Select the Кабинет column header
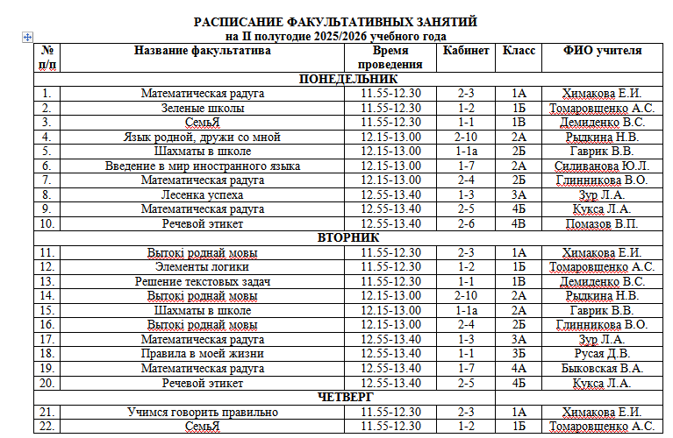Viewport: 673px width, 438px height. (x=466, y=51)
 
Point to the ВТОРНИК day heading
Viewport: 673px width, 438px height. (x=348, y=238)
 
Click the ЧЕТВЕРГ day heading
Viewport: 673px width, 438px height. (x=347, y=397)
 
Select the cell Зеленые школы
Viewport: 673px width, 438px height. (x=203, y=109)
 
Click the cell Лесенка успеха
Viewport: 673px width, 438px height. (x=203, y=194)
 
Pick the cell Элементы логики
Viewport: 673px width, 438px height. (x=203, y=267)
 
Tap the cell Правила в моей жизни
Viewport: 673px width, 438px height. (x=203, y=353)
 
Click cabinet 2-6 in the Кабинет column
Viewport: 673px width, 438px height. (x=466, y=223)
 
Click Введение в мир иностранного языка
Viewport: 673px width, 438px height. (x=203, y=166)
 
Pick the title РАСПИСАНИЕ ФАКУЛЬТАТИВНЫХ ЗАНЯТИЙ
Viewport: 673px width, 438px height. (x=336, y=21)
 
